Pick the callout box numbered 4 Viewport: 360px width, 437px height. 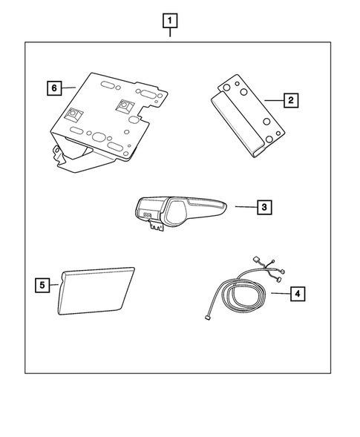coord(297,294)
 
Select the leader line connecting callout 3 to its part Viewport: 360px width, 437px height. coord(244,207)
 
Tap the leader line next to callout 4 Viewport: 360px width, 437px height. coord(278,294)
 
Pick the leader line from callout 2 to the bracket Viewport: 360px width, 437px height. coord(273,99)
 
